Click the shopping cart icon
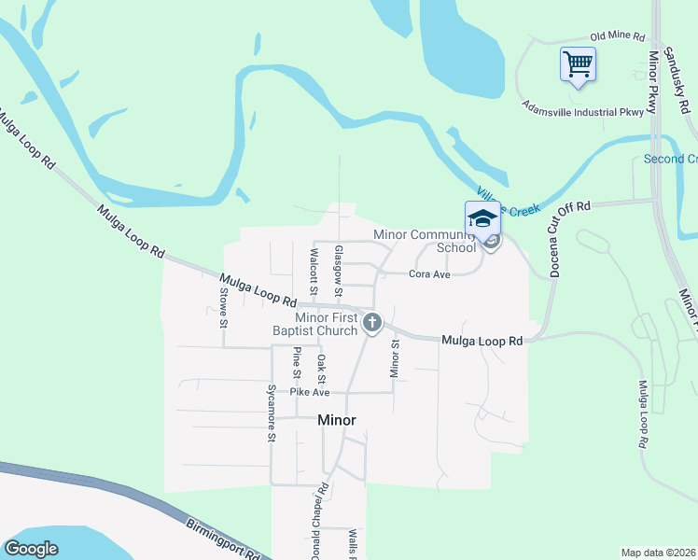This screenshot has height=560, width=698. point(578,64)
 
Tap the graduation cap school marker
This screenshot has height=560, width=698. point(482,219)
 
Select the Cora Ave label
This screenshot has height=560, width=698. point(429,274)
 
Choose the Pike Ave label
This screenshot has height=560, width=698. point(310,392)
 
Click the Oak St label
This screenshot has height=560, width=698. point(320,369)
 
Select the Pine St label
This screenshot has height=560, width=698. point(297,362)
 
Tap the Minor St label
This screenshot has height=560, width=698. point(394,357)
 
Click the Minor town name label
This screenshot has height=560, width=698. point(337,420)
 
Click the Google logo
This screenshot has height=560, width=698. point(32,549)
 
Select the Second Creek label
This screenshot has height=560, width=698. point(670,160)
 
